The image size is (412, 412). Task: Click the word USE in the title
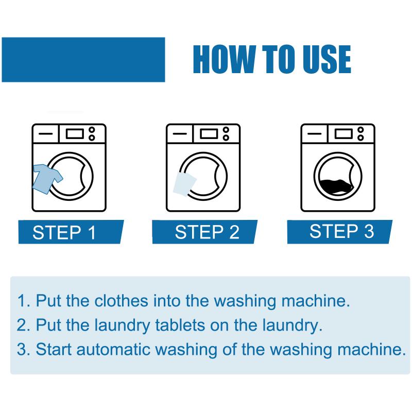[327, 59]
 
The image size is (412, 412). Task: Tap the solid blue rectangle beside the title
[83, 60]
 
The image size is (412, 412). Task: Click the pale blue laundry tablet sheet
[185, 184]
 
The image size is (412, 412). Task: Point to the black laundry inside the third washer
[337, 186]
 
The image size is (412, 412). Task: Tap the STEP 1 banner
[71, 232]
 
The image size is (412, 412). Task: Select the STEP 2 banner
[205, 232]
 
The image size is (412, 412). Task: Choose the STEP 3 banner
[340, 232]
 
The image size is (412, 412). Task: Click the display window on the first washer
[75, 134]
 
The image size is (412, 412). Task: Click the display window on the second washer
[209, 134]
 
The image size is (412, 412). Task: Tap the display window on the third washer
[344, 134]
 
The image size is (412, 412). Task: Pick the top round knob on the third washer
[361, 130]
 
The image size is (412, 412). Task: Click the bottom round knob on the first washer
[92, 138]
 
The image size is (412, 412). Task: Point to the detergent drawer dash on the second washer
[180, 134]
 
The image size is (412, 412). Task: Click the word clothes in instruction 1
[121, 300]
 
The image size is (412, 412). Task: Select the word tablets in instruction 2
[180, 325]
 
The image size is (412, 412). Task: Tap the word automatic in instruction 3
[113, 350]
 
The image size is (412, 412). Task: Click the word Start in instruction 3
[54, 350]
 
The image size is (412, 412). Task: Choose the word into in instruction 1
[166, 300]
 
